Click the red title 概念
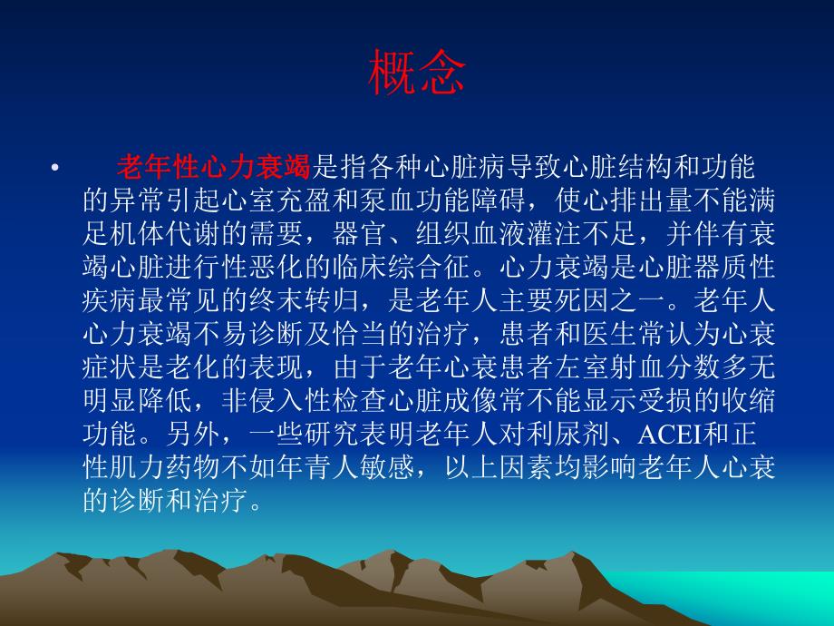(x=416, y=73)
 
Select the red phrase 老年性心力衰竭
(x=214, y=167)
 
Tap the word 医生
(x=556, y=334)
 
